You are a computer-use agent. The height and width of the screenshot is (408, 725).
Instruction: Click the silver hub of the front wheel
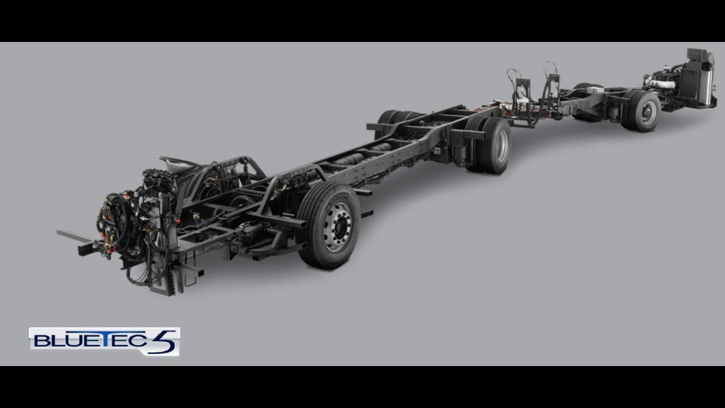tap(338, 226)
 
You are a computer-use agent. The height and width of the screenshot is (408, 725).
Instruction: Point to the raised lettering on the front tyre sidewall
tap(336, 201)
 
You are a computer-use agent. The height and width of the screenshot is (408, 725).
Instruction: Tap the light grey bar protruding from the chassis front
tap(74, 236)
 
